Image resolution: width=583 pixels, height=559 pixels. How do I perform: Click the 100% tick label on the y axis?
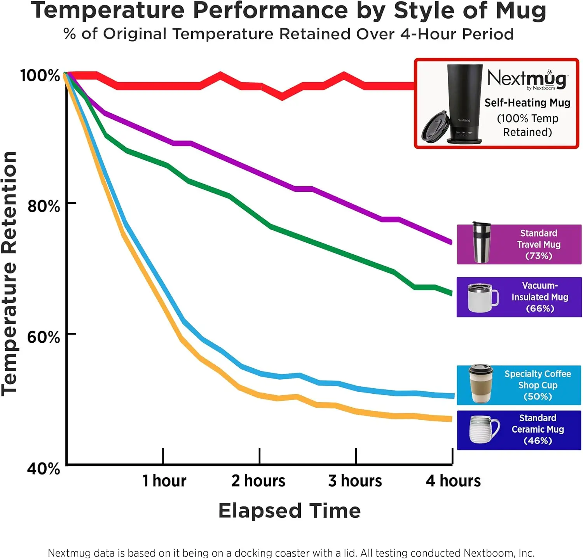point(40,75)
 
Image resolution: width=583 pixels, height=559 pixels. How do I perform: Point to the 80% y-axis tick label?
point(44,206)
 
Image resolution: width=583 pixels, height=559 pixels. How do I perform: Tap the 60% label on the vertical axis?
point(44,337)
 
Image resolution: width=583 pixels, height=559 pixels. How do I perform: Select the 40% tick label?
point(44,468)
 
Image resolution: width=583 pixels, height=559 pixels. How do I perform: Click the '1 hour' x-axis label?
point(164,481)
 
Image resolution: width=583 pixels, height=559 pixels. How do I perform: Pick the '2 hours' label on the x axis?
point(258,481)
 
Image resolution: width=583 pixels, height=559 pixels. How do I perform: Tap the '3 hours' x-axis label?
point(355,481)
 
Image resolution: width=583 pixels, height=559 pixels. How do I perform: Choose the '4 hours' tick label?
point(453,481)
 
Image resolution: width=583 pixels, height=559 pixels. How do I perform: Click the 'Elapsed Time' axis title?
point(290,511)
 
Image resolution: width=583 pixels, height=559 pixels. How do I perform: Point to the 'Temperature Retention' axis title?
point(9,274)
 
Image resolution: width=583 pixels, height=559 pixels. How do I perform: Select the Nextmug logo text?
point(527,79)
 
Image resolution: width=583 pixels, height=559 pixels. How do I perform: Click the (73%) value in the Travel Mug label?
point(539,256)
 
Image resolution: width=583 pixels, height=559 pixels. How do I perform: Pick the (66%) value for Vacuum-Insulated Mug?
point(540,308)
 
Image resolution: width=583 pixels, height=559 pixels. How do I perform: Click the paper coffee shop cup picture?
point(481,384)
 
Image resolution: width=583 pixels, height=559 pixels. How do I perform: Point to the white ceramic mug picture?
point(483,429)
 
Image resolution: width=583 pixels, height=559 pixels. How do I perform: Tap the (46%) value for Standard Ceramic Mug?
point(538,441)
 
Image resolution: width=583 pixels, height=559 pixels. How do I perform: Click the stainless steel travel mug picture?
point(481,243)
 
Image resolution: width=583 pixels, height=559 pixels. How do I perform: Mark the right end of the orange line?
point(451,419)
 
